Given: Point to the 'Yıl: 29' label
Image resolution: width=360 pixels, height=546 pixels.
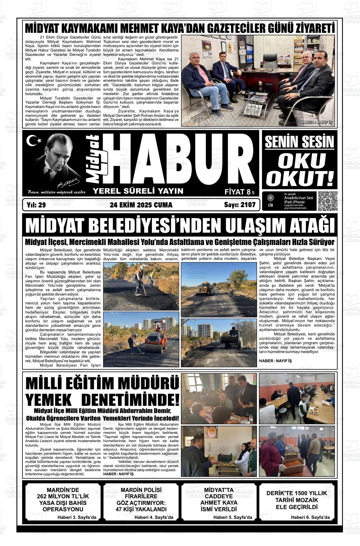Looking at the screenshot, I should click(37, 205).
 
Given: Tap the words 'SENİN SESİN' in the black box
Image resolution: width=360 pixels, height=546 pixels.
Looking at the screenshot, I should click(299, 142).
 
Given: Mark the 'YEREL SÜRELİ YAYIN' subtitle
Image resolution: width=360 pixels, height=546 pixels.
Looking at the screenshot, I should click(138, 191).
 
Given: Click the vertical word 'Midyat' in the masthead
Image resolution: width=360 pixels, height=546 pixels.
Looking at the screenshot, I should click(96, 159).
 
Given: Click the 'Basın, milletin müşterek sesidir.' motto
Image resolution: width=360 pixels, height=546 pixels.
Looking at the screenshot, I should click(57, 192).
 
